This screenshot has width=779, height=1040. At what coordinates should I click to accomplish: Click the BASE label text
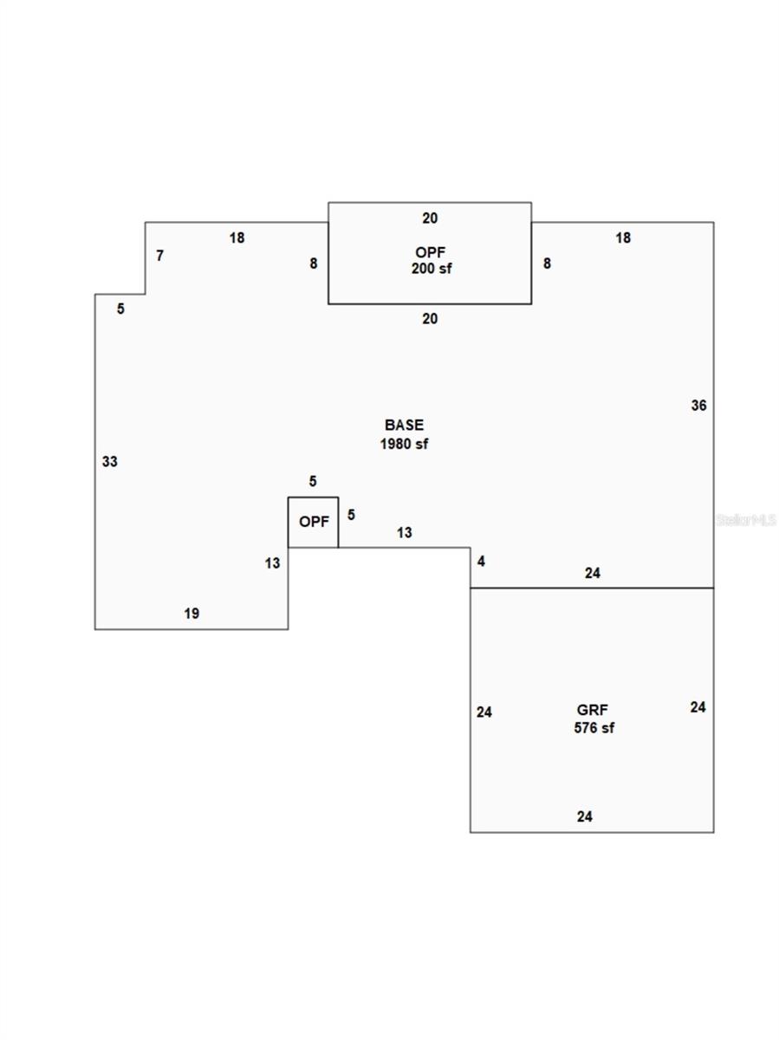pos(404,425)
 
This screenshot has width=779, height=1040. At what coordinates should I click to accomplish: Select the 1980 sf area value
pos(404,444)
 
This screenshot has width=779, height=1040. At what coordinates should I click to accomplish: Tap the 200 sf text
pos(431,268)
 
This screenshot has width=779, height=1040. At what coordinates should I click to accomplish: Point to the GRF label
pos(592,709)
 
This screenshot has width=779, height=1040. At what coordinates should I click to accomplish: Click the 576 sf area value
pos(594,727)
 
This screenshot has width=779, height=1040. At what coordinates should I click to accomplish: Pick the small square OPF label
pos(314,521)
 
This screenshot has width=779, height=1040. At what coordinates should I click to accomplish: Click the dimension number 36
pos(698,405)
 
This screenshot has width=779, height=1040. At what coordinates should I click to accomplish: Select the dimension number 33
pos(110,461)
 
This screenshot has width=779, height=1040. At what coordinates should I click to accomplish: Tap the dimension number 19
pos(192,613)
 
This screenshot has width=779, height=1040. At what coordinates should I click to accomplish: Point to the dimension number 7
pos(159,256)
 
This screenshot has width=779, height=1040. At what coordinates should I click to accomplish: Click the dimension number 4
pos(481,561)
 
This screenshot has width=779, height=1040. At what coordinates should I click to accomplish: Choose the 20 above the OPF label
pos(430,218)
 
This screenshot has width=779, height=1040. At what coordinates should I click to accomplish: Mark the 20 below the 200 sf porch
pos(430,319)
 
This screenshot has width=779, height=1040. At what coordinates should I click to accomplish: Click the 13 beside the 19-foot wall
pos(272,562)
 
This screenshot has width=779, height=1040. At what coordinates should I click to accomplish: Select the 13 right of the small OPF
pos(404,532)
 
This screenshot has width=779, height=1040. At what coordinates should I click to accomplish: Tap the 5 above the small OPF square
pos(313,481)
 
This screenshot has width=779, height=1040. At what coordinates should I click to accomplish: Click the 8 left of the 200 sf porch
pos(313,263)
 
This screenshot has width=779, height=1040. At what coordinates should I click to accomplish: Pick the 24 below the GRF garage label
pos(584,816)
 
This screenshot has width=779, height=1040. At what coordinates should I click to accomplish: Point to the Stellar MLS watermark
pos(746,520)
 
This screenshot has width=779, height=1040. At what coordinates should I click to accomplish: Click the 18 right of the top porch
pos(623,237)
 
